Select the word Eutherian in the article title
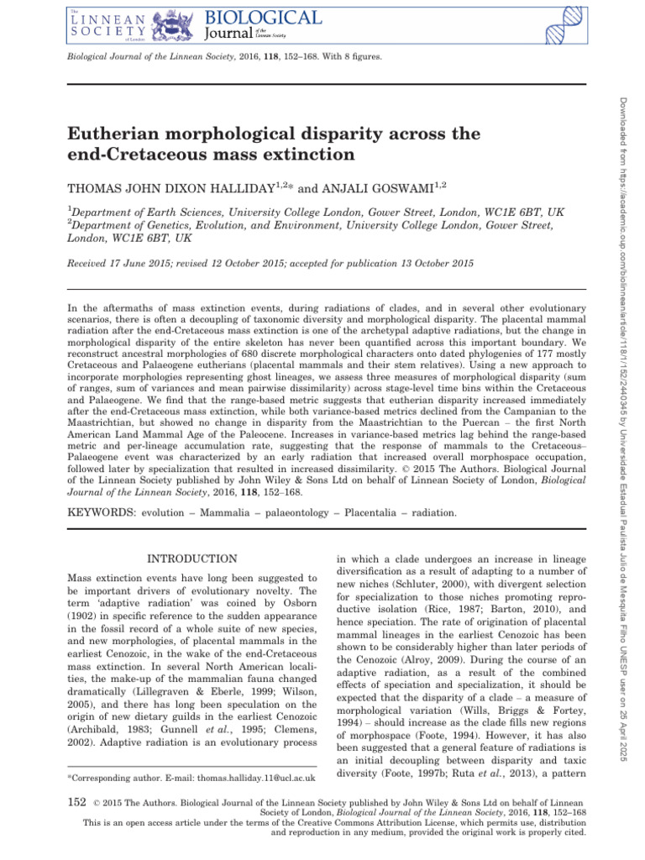(109, 134)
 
